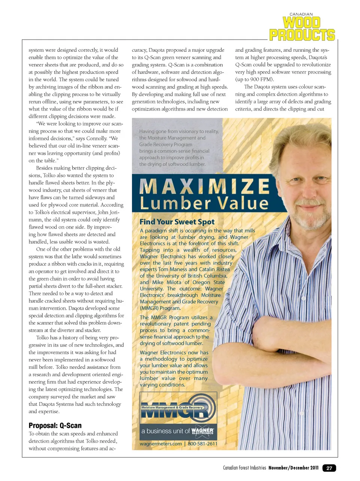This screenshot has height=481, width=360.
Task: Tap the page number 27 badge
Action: coord(329,468)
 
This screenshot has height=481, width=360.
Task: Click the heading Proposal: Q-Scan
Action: coord(55,426)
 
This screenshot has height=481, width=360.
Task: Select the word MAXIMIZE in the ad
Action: coord(204,186)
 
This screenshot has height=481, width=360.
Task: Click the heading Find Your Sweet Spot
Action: coord(177,222)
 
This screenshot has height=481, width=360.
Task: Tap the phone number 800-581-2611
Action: coord(202,444)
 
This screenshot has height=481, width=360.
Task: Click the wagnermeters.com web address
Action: coord(160,444)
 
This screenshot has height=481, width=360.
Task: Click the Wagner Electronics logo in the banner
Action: coord(202,431)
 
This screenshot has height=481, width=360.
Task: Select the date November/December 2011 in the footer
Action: coord(293,468)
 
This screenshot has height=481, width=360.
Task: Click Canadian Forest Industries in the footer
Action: coord(244,468)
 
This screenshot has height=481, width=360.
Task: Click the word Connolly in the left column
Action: coord(96,138)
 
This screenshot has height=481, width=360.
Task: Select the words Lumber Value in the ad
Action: coord(204,203)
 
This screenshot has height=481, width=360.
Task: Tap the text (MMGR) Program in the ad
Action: coord(160,308)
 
